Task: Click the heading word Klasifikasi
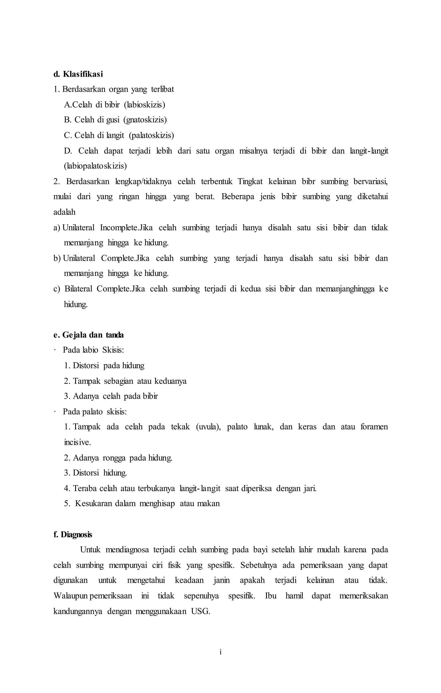click(x=83, y=74)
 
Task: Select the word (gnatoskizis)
click(x=145, y=120)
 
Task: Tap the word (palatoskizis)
click(x=151, y=135)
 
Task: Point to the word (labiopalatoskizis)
click(x=95, y=166)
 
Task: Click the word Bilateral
click(x=78, y=289)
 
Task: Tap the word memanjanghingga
click(x=345, y=289)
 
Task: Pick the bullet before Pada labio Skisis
click(x=54, y=350)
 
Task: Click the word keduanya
click(x=170, y=381)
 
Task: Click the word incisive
click(x=77, y=442)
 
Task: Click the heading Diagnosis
click(x=73, y=535)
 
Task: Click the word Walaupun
click(x=71, y=596)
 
